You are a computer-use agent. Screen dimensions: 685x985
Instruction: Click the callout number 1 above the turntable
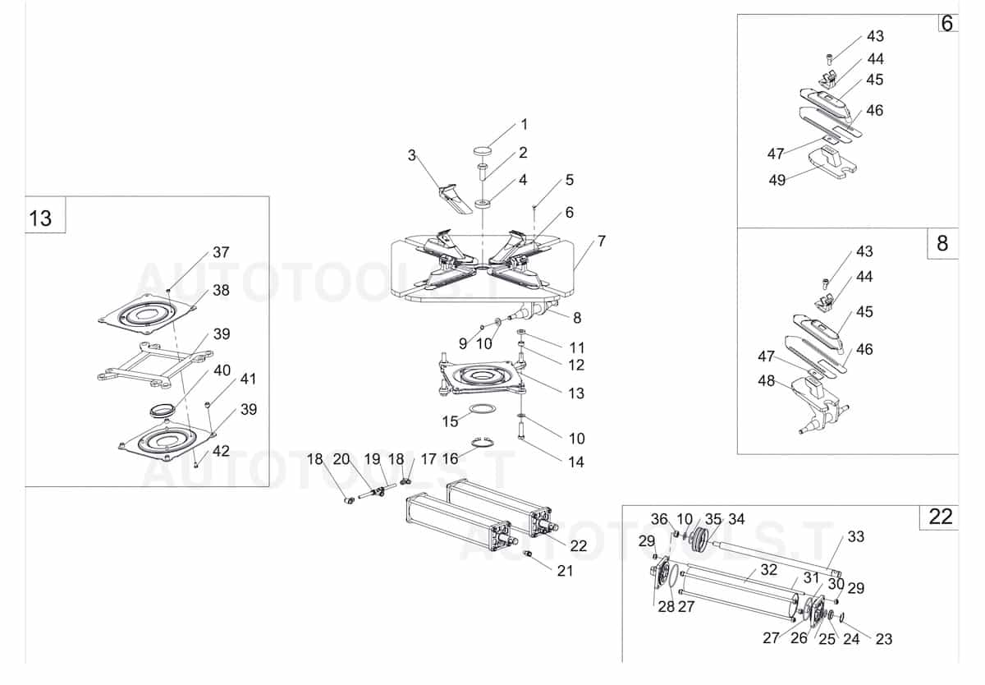[524, 125]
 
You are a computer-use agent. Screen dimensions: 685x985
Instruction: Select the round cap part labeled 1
[482, 150]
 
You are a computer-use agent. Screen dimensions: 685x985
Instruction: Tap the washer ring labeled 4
[483, 202]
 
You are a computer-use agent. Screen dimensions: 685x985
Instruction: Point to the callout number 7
[602, 241]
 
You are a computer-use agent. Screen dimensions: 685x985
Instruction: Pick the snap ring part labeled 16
[483, 445]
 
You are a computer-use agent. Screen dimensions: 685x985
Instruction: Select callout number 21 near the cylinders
[565, 571]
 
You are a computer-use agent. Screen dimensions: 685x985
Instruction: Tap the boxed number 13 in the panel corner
[40, 218]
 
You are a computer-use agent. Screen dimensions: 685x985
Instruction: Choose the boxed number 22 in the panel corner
[941, 517]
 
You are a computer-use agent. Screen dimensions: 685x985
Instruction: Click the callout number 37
[221, 252]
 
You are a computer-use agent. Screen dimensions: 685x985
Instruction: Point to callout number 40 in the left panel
[222, 370]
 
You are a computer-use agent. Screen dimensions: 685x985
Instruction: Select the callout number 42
[221, 451]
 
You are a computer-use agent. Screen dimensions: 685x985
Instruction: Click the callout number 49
[777, 180]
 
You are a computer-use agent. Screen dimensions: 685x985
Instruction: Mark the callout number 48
[766, 381]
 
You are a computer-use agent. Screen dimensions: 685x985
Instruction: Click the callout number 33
[855, 536]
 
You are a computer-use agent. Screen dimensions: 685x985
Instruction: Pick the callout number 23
[883, 639]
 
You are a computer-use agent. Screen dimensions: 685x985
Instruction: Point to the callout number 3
[412, 154]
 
